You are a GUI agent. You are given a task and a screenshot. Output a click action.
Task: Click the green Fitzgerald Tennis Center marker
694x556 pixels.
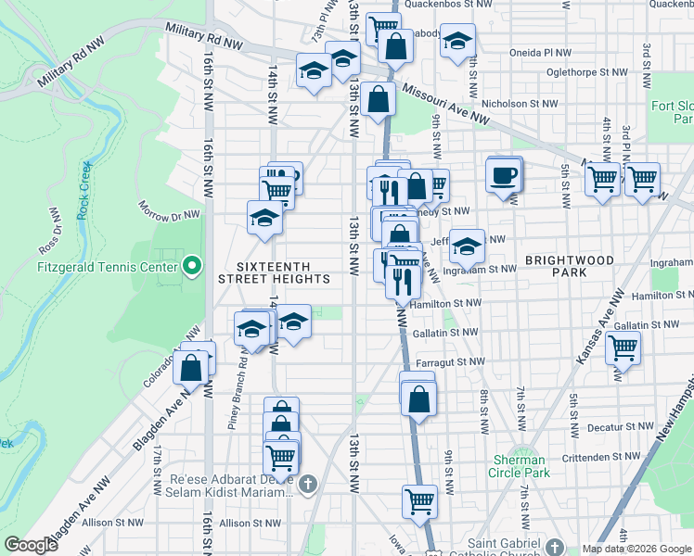tap(192, 267)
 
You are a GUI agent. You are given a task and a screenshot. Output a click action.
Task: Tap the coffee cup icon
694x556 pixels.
tap(504, 175)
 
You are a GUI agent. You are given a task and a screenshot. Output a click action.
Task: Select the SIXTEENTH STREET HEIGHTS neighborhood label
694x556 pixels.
tap(274, 270)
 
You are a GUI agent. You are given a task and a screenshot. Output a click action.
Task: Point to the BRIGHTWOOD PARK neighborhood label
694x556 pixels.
tap(570, 267)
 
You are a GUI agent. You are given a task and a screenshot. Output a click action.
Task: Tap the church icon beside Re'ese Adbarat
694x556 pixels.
tap(309, 482)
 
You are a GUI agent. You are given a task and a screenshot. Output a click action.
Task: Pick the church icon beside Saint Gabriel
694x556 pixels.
tap(554, 547)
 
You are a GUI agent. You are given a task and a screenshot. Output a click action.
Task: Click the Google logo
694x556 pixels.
tap(31, 545)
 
